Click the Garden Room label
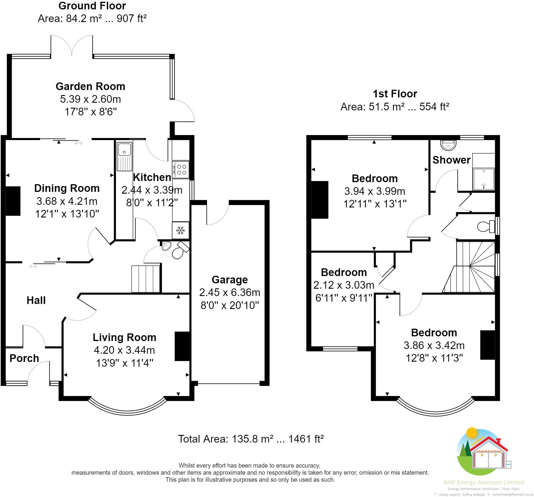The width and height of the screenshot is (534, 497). pos(90,86)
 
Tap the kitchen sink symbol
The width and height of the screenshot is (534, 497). pos(125,156)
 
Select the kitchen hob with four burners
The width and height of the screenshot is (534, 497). pos(181,170)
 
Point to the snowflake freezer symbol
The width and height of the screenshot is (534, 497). pos(180,230)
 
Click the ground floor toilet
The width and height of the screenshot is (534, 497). pos(180,250)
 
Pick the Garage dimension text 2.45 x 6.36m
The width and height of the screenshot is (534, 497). pos(230,292)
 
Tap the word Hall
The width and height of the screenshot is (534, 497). pos(36,300)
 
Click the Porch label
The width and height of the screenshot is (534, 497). pos(24,358)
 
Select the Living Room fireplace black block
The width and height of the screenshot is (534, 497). pos(182,346)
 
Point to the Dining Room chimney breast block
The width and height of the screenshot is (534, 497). pos(13,201)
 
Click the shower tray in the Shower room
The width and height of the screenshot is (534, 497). pos(483,179)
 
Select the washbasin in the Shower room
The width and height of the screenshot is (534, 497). pos(448,144)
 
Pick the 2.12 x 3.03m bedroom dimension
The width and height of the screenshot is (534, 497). pos(344,285)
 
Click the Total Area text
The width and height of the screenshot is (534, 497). pos(251,439)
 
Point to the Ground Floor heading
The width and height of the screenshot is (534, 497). pos(92,6)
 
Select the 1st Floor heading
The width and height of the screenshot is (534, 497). pos(395,94)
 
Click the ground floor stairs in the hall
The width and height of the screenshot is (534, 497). pos(146,279)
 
